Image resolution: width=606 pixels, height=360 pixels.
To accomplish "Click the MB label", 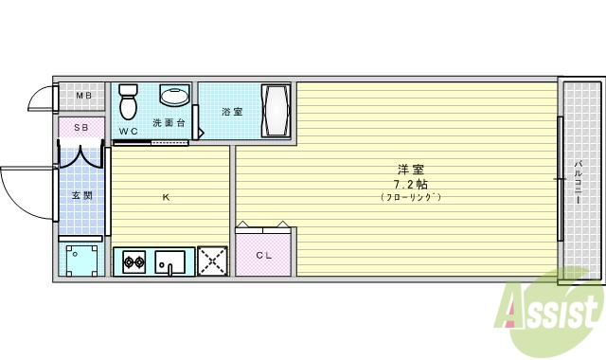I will click(83, 96).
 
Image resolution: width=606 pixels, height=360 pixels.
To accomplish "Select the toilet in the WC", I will click(129, 98).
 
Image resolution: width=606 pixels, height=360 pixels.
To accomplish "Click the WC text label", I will click(129, 131).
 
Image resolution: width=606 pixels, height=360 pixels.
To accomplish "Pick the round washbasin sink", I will click(173, 95).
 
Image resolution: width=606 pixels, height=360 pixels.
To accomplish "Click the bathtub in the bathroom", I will click(276, 111).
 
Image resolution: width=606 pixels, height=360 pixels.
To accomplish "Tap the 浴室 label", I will click(232, 111).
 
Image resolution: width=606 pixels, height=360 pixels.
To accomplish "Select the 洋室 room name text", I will click(411, 169).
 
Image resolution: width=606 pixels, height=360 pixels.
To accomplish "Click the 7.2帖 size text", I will click(411, 183).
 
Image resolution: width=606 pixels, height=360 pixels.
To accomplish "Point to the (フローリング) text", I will click(411, 197).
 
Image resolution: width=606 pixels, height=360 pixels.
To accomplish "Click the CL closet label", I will click(263, 256).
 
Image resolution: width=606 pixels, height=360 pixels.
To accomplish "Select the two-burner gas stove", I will click(133, 261).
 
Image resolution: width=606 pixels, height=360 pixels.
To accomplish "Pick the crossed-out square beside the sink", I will click(213, 261).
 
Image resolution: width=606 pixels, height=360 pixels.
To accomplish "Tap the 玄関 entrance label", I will click(81, 196).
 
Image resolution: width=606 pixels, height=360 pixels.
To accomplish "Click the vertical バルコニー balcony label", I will click(578, 185).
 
